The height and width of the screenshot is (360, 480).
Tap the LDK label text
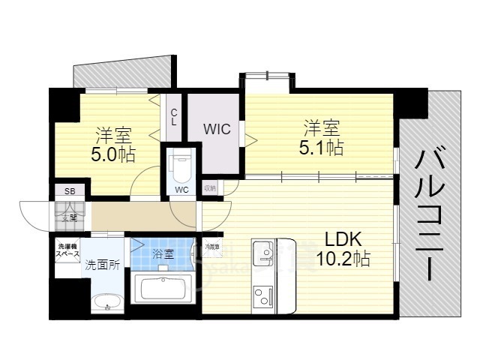[343, 239]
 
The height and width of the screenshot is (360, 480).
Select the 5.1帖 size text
[323, 147]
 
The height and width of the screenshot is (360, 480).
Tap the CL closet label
[173, 117]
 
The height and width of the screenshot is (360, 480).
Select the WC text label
[181, 189]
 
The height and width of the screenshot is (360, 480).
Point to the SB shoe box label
[69, 191]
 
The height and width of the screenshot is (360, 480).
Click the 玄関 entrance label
[69, 217]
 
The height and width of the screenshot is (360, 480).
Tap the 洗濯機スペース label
[66, 250]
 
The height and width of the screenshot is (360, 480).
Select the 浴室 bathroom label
[163, 253]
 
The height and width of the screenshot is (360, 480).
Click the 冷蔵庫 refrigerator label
[212, 246]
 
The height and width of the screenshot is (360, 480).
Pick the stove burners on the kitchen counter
[263, 294]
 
